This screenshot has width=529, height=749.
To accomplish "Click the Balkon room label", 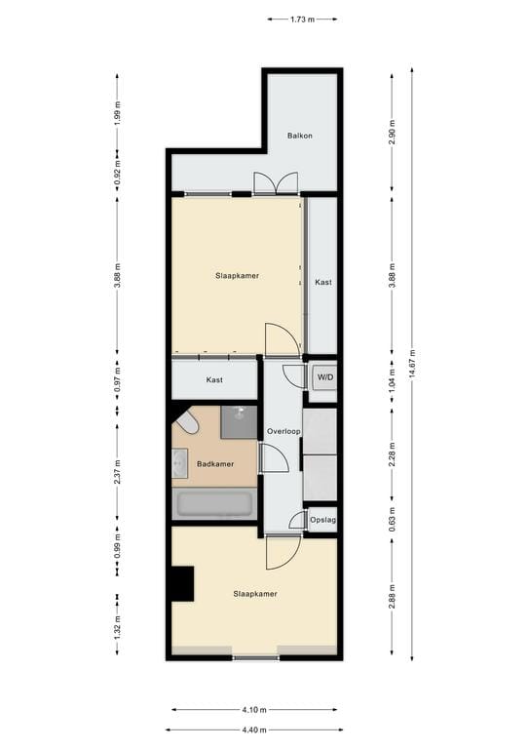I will pyautogui.click(x=299, y=137).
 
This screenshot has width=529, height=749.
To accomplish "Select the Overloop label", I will pyautogui.click(x=283, y=430).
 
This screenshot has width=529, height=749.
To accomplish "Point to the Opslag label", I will pyautogui.click(x=322, y=522).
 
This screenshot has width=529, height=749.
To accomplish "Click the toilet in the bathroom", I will pyautogui.click(x=187, y=422).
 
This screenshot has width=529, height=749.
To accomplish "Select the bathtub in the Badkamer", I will pyautogui.click(x=213, y=504).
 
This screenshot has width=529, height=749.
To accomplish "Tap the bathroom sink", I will pyautogui.click(x=180, y=463).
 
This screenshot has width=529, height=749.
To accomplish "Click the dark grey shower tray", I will pyautogui.click(x=239, y=422).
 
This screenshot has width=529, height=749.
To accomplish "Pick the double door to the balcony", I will pyautogui.click(x=275, y=183).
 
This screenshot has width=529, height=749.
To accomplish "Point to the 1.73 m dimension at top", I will pyautogui.click(x=301, y=19).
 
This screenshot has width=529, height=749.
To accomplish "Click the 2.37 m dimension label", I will pyautogui.click(x=117, y=463).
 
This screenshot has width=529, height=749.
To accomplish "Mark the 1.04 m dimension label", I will pyautogui.click(x=392, y=381).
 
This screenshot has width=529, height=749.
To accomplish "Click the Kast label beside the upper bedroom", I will pyautogui.click(x=322, y=282).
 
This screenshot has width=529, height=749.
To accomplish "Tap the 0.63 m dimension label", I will pyautogui.click(x=392, y=516).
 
